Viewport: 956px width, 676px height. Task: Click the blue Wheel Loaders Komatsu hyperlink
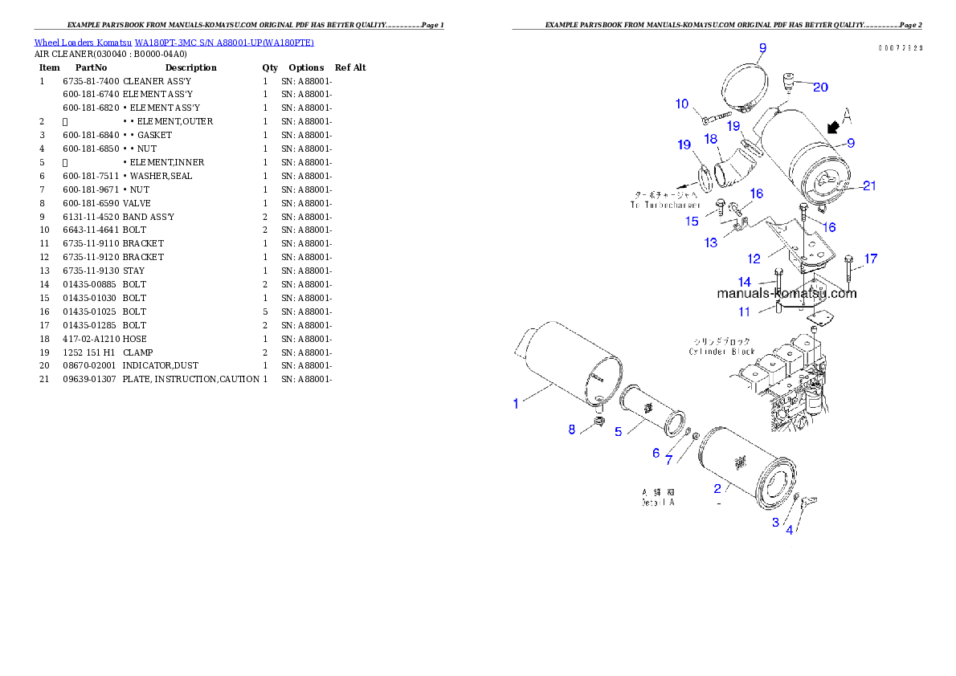click(x=174, y=42)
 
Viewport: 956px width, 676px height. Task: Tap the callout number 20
click(x=820, y=87)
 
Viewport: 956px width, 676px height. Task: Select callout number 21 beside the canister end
click(x=869, y=185)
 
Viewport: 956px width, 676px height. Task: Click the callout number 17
click(x=871, y=259)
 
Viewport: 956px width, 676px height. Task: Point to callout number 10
click(x=682, y=104)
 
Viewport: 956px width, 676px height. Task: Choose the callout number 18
click(x=710, y=139)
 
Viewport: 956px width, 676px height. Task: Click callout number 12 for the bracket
click(x=754, y=259)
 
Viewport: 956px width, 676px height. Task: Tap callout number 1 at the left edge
click(x=516, y=403)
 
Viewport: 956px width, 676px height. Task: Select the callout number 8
click(x=572, y=430)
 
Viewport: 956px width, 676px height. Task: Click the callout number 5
click(x=618, y=431)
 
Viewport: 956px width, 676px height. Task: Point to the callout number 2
click(x=717, y=487)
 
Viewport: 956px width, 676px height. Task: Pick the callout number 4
click(x=790, y=530)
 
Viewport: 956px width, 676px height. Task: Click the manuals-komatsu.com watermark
click(x=786, y=293)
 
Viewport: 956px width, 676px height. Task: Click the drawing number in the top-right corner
click(x=900, y=48)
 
